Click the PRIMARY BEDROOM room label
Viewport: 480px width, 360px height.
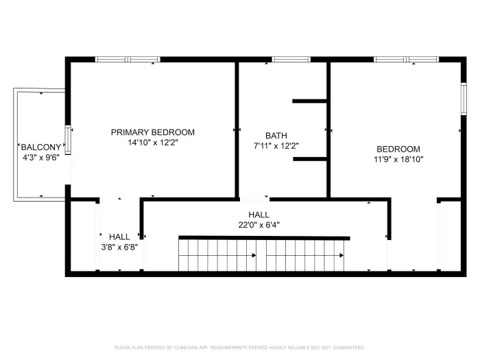tap(153, 132)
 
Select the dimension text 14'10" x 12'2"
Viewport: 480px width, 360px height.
tap(153, 143)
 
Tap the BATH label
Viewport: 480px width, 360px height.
tap(276, 136)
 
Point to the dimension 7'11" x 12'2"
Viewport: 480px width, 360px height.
tap(276, 146)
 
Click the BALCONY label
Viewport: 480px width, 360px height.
tap(41, 147)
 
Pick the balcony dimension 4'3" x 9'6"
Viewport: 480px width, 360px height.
tap(41, 158)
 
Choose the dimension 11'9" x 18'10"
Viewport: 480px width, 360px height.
tap(398, 160)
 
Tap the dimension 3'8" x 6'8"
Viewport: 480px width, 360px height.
tap(119, 248)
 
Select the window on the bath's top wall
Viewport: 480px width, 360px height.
tap(291, 60)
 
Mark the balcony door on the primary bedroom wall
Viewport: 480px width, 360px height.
tap(68, 139)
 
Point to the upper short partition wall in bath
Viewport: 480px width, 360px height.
tap(310, 101)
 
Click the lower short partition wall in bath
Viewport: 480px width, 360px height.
tap(310, 159)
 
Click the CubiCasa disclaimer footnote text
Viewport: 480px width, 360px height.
tap(239, 348)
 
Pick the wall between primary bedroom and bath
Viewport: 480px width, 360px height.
tap(237, 129)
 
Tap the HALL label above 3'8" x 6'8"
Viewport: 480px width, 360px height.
tap(119, 237)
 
